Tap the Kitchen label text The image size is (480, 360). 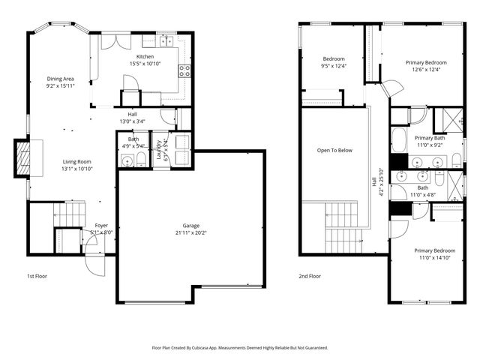pyautogui.click(x=145, y=57)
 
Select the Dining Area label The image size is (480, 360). pyautogui.click(x=60, y=79)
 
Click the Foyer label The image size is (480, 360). pyautogui.click(x=100, y=225)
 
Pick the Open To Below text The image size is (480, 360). pyautogui.click(x=334, y=150)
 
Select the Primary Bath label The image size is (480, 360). pyautogui.click(x=430, y=138)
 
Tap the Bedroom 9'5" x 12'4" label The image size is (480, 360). pyautogui.click(x=334, y=59)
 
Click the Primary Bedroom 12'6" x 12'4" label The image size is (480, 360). pyautogui.click(x=426, y=62)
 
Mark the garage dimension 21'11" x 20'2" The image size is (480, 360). pyautogui.click(x=191, y=232)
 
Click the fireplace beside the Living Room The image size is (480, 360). pyautogui.click(x=23, y=157)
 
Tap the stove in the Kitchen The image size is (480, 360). pyautogui.click(x=184, y=71)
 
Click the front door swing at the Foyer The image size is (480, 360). pyautogui.click(x=94, y=262)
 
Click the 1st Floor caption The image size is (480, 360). pyautogui.click(x=37, y=276)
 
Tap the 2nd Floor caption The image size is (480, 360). pyautogui.click(x=310, y=276)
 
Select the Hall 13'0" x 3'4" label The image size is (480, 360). pyautogui.click(x=132, y=118)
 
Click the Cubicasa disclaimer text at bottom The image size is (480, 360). pyautogui.click(x=240, y=348)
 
